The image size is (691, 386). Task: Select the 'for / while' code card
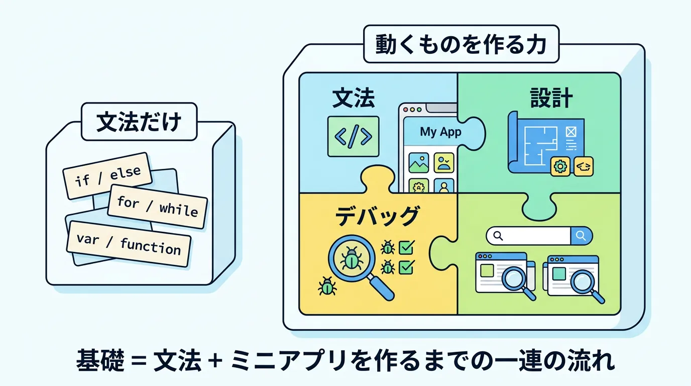[157, 206]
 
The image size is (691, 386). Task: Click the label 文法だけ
[138, 122]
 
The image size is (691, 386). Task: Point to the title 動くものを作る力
[460, 46]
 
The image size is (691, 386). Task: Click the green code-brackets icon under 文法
[353, 136]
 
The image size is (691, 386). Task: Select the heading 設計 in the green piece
[551, 100]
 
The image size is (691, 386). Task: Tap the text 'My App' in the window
[440, 132]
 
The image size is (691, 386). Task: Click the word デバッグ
[377, 217]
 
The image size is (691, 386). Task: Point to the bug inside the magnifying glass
[350, 259]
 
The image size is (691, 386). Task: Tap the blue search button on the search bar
[582, 235]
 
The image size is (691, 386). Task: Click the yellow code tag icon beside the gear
[583, 166]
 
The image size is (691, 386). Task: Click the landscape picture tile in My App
[418, 163]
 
